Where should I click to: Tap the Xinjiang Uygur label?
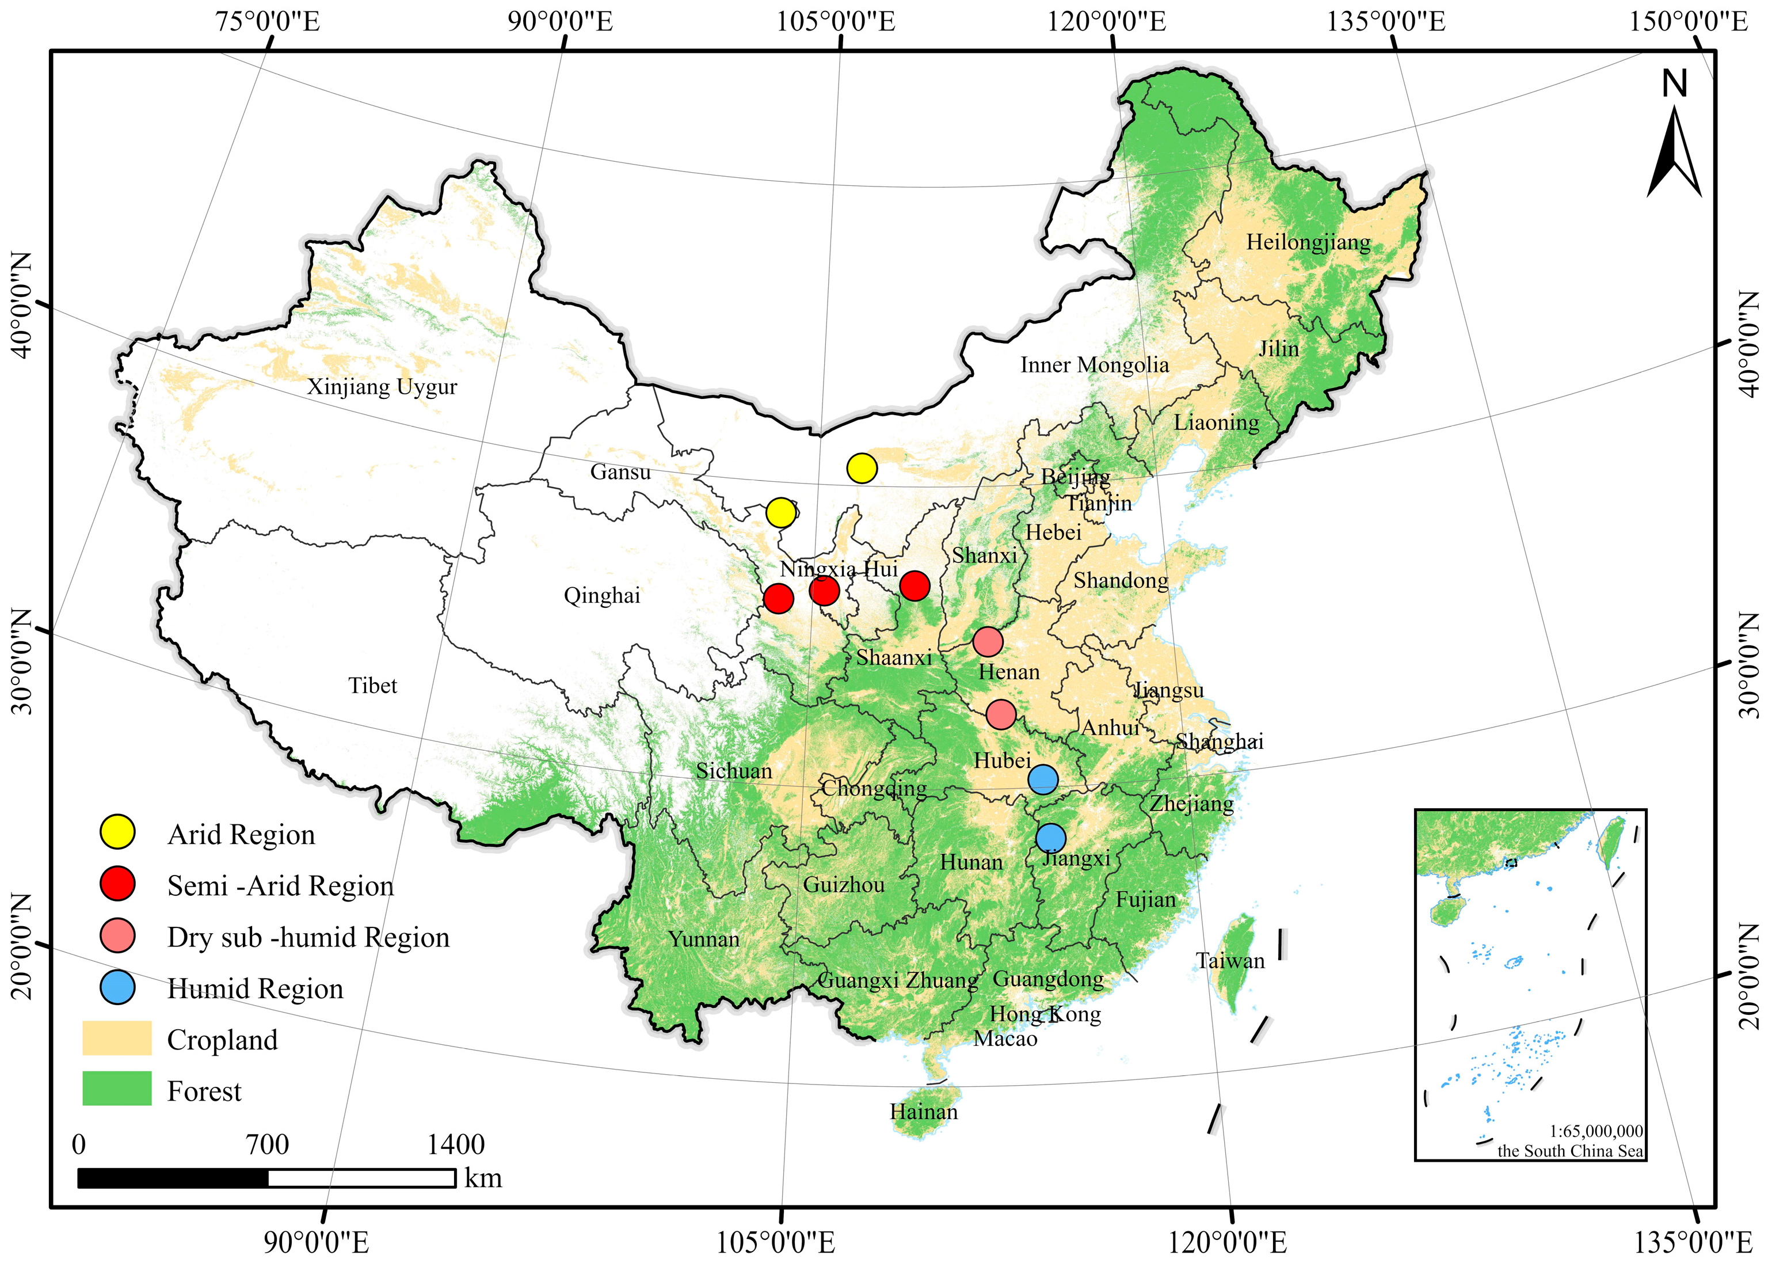(382, 386)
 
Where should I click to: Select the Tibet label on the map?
(372, 685)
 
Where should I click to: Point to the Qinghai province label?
(602, 596)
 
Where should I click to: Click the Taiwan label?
(1230, 960)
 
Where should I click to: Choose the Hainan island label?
(924, 1112)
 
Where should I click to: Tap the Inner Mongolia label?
(1094, 365)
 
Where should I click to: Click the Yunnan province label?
(704, 939)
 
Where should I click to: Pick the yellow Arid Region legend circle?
(117, 833)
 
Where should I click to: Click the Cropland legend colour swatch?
(117, 1038)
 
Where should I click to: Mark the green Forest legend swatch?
(117, 1089)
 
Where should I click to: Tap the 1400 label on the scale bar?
(456, 1144)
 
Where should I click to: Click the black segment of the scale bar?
(173, 1178)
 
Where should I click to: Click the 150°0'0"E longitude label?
(1688, 21)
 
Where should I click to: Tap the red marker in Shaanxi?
(915, 585)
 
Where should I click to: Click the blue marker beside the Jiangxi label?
(1050, 838)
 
